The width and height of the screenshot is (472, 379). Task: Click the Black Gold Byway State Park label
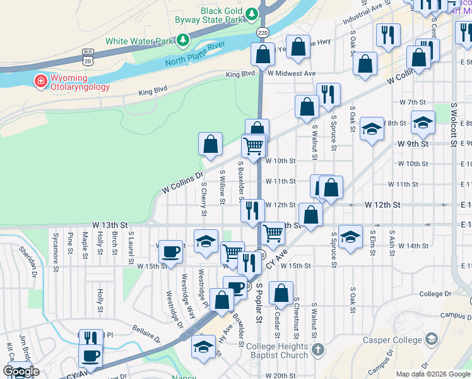[221, 16]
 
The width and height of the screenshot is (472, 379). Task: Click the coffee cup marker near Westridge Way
[170, 252]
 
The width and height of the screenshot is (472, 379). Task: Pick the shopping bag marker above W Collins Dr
[210, 144]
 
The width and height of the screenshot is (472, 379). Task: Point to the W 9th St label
[413, 143]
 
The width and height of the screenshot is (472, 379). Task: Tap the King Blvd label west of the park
[153, 90]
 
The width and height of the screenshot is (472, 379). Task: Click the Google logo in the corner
[21, 371]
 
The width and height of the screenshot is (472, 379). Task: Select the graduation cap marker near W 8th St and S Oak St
[372, 129]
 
